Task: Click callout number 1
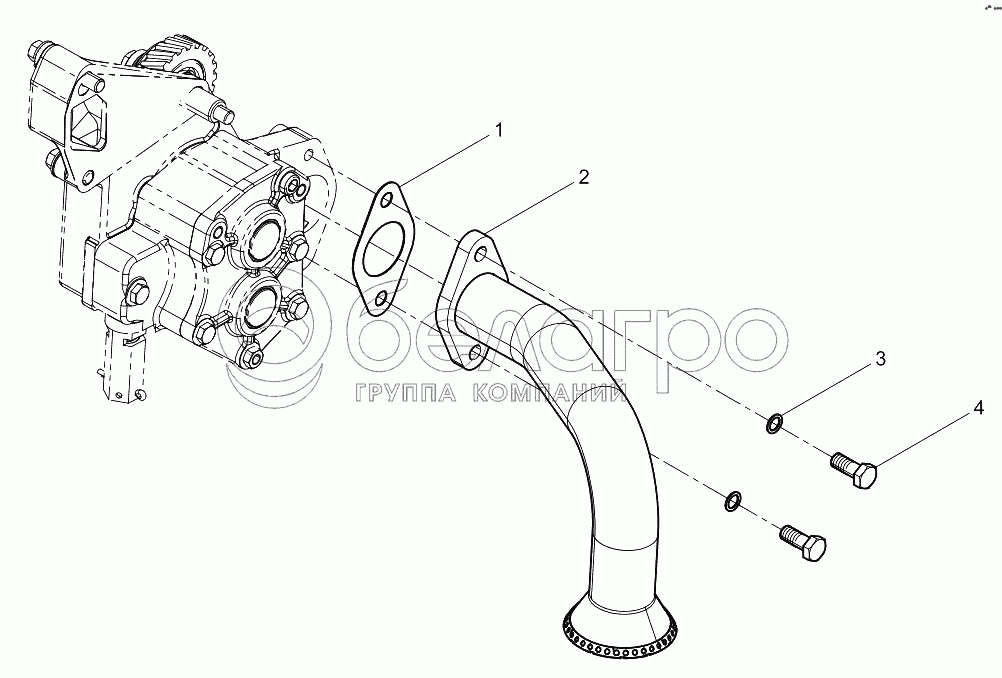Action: [x=498, y=130]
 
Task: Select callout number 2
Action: [x=583, y=178]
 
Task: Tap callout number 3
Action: [x=880, y=359]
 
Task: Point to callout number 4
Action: [x=978, y=408]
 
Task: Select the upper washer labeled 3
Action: [x=774, y=423]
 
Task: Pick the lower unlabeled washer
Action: [x=733, y=501]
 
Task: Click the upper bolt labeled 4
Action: [x=854, y=469]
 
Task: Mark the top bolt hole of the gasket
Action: [x=387, y=201]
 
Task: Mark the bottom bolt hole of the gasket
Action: [x=382, y=298]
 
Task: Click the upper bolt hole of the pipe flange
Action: [x=481, y=254]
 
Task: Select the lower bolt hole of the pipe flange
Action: [x=475, y=352]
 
